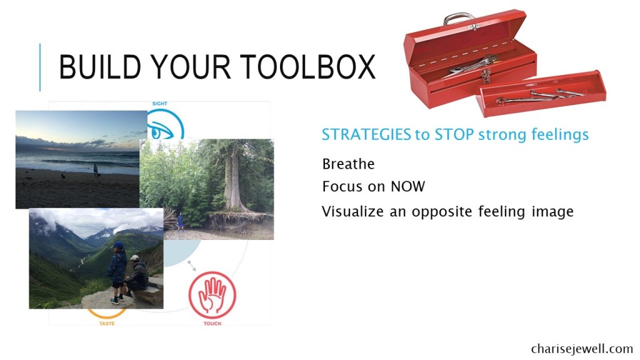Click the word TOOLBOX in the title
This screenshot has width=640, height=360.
307,67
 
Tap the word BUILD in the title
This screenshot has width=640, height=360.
100,67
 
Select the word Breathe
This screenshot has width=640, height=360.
348,164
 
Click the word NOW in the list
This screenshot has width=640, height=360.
407,186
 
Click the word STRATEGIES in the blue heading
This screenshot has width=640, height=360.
366,134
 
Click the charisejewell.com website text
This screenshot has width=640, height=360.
582,349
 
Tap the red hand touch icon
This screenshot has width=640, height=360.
212,295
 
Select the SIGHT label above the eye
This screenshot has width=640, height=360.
159,104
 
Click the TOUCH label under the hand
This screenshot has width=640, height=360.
212,323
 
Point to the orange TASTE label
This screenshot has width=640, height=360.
107,323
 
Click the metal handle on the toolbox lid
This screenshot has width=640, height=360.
459,18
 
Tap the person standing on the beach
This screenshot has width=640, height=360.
96,170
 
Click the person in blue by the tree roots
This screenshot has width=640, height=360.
180,221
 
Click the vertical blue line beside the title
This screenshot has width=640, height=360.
40,67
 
